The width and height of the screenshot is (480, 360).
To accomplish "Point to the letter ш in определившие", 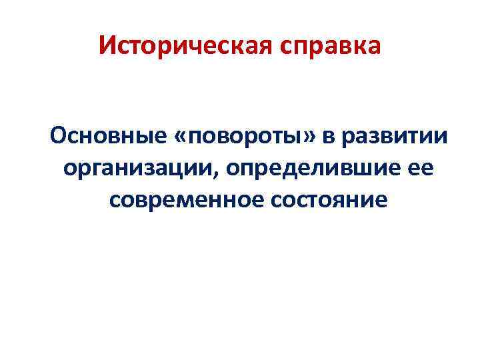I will click(361, 169).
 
